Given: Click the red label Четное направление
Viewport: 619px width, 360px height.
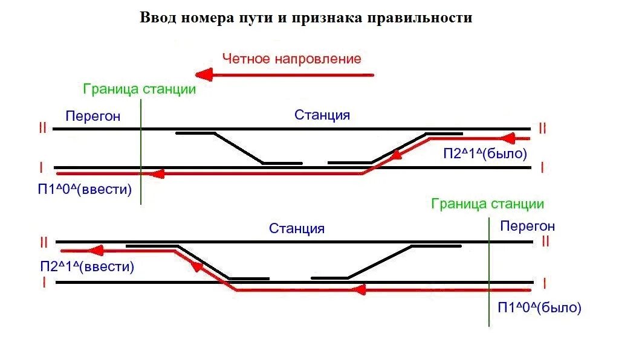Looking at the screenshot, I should point(291,59).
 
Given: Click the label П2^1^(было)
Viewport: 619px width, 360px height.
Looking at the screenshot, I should point(485,153).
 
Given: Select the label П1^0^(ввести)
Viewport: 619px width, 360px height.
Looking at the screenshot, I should point(85,189).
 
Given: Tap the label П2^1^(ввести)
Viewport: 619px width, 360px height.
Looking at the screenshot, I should point(87,266).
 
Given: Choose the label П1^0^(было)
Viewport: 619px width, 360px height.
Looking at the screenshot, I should point(539,307).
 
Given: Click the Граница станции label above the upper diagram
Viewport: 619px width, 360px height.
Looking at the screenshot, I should point(140,89).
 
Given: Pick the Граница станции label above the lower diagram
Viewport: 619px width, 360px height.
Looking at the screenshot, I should point(487,204).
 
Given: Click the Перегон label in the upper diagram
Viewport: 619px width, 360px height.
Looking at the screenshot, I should point(93,116).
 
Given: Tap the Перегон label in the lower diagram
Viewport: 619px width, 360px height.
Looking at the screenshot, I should point(527,227).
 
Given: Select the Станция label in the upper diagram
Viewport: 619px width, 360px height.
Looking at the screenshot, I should point(322,115).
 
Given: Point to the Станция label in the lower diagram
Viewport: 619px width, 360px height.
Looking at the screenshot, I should point(297,228).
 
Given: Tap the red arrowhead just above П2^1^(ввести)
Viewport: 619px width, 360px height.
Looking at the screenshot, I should point(96,251).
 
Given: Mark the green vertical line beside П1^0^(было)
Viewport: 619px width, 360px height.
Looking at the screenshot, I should point(488,272).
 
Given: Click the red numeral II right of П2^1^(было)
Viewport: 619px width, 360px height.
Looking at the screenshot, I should point(542,128).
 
